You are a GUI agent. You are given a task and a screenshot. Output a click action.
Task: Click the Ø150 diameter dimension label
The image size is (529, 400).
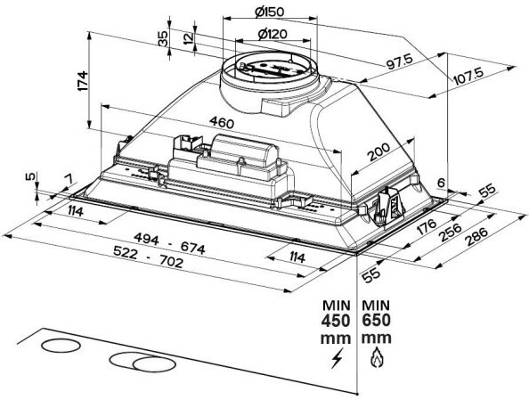click(270, 12)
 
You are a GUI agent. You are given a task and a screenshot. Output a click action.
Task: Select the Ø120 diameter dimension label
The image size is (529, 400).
click(273, 34)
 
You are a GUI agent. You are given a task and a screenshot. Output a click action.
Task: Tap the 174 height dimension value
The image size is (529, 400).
click(83, 81)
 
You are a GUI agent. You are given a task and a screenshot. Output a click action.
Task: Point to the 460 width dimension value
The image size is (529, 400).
click(222, 122)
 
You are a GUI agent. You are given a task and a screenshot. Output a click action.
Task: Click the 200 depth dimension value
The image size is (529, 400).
click(378, 151)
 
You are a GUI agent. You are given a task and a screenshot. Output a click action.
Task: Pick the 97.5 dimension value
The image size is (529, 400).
click(400, 61)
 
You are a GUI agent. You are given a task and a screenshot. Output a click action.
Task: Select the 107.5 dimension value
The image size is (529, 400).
click(468, 78)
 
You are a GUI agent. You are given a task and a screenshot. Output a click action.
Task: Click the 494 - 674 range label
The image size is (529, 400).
click(169, 243)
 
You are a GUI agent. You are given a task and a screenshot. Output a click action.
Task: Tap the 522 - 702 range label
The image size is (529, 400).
click(148, 257)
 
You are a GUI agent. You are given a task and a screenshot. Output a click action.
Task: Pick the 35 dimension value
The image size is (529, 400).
click(163, 38)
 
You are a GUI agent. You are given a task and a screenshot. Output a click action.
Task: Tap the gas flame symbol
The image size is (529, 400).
click(376, 358)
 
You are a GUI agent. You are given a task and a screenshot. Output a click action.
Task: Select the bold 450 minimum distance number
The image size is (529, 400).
click(336, 321)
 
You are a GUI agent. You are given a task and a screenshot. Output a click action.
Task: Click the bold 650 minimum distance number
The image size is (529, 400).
click(377, 321)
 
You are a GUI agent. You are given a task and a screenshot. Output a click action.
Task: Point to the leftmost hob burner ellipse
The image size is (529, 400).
click(61, 346)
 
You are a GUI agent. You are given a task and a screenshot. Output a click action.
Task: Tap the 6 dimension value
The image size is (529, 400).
click(441, 183)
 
